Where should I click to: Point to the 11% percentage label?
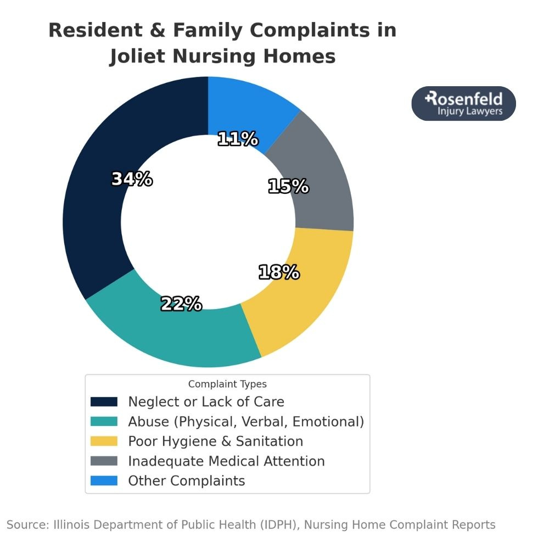238,139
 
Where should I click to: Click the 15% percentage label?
288,187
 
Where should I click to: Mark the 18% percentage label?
279,272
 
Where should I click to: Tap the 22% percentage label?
181,304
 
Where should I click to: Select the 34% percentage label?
132,179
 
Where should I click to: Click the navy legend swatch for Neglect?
104,402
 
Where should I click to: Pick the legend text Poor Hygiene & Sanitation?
215,441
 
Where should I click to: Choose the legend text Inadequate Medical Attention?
226,461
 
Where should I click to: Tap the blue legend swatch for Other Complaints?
104,481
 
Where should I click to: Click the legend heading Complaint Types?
227,384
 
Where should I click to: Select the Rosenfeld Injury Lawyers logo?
463,103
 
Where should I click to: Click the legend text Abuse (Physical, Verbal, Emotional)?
246,422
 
